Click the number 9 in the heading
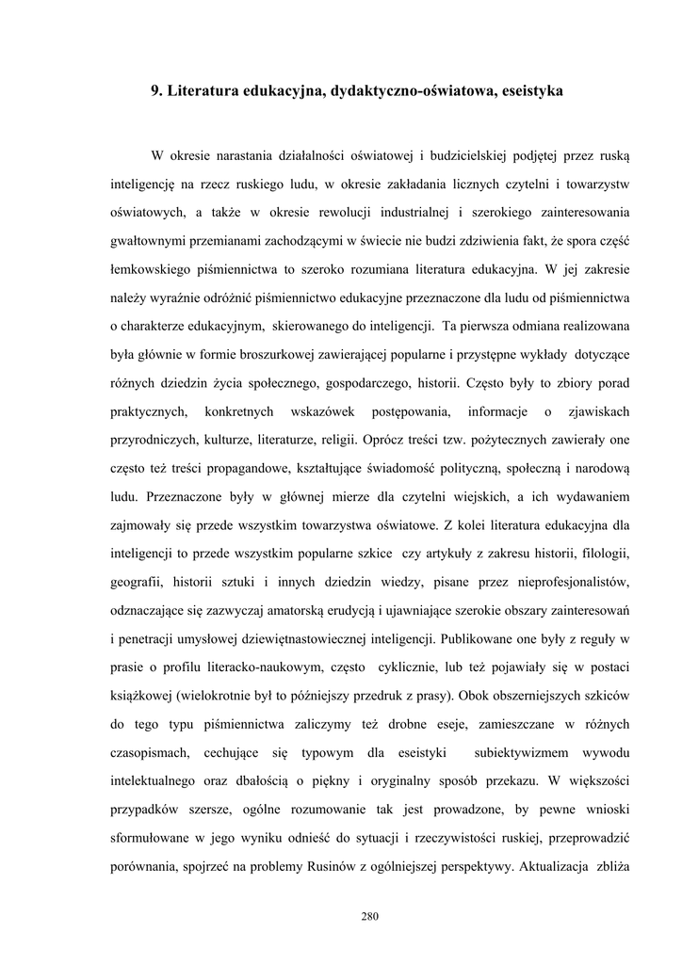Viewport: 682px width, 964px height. point(156,91)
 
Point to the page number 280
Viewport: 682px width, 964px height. point(369,919)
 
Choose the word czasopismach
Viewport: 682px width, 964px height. point(151,752)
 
